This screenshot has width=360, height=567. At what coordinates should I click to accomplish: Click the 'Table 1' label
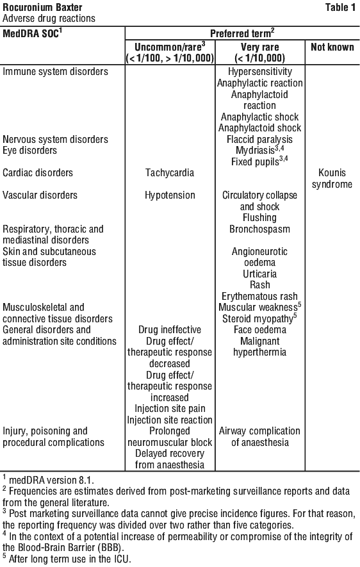(x=340, y=7)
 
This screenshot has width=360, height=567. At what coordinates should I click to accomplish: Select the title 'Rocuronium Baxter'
(x=42, y=7)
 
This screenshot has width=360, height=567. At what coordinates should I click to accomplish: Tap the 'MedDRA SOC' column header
(x=32, y=33)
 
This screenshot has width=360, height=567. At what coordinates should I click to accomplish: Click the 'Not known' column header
(x=332, y=47)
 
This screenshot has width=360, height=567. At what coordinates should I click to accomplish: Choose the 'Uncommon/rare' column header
(x=170, y=47)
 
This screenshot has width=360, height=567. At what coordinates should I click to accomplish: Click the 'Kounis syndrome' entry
(x=332, y=178)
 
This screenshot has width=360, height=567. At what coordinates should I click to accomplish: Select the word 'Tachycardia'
(x=170, y=172)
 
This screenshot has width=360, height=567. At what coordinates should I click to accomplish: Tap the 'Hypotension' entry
(x=170, y=195)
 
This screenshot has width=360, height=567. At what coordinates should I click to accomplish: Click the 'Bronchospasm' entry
(x=259, y=229)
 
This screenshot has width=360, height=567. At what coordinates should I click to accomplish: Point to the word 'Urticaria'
(x=259, y=274)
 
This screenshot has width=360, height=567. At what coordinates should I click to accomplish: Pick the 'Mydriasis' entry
(x=255, y=150)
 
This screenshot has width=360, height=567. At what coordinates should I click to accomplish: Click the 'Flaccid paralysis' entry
(x=259, y=140)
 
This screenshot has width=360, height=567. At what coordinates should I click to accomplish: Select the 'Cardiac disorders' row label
(x=38, y=172)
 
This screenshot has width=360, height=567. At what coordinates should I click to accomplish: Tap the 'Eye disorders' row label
(x=29, y=151)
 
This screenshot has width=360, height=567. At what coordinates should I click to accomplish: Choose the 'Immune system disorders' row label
(x=55, y=72)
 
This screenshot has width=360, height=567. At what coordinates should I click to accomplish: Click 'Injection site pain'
(x=170, y=409)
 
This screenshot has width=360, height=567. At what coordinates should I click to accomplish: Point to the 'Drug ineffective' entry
(x=170, y=330)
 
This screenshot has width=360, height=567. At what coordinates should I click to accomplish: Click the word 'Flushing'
(x=259, y=218)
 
